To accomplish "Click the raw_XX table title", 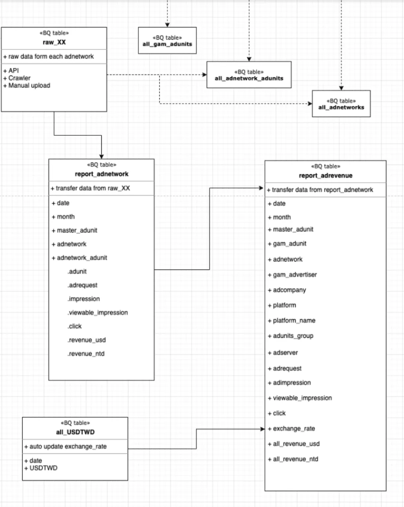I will coord(54,42).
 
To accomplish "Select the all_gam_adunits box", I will coord(167,41).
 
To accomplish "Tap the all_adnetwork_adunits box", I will coord(249,75).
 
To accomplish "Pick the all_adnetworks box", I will coord(341,104).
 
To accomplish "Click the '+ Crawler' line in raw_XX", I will coord(17,78).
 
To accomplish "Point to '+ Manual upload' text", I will coord(27,85).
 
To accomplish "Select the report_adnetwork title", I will coord(101,174).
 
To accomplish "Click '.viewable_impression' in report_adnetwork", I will coord(98,313).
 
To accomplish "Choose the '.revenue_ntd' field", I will coord(86,354).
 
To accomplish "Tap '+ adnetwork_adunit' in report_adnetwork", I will coord(79,258).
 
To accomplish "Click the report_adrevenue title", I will coord(325,175).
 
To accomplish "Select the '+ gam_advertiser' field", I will coord(292,274).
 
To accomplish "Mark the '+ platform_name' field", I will coord(292,321).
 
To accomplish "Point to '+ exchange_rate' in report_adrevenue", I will coord(291,428).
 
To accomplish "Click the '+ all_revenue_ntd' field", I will coord(293,459).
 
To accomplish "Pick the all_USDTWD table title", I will coord(75,432).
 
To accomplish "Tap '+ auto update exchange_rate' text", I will coord(65,446).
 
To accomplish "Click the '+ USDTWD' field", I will coord(41,468).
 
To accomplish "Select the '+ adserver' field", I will coord(283,353).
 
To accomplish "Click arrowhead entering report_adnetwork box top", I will coord(101,156).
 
